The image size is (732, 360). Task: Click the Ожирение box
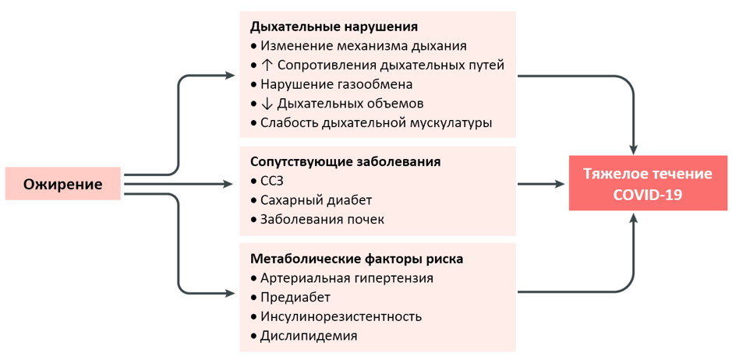(63, 184)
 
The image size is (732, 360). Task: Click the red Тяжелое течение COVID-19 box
(648, 183)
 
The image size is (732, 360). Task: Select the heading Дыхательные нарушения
(334, 26)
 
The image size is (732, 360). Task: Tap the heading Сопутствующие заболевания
(345, 161)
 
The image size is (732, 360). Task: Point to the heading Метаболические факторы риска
(357, 259)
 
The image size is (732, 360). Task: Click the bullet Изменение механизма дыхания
(359, 46)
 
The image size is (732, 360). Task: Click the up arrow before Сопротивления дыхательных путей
(268, 65)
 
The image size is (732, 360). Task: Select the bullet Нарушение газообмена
(331, 85)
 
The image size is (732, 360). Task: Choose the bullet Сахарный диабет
(311, 200)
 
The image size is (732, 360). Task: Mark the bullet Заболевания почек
(317, 220)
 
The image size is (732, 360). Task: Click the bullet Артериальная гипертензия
(341, 278)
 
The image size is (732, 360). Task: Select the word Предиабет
(295, 298)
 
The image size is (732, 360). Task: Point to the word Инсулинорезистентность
(341, 317)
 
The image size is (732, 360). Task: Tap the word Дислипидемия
(309, 336)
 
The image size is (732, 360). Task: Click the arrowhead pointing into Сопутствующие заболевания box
(228, 184)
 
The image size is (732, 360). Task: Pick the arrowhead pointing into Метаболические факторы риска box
(228, 293)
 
